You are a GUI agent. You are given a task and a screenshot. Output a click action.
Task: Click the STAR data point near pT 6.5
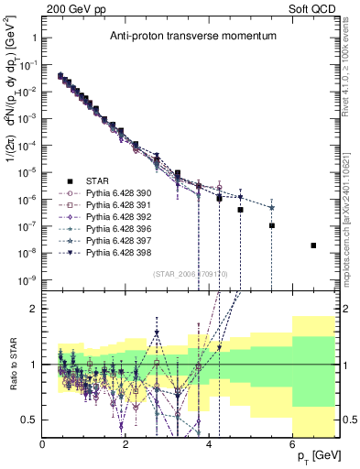coord(313,245)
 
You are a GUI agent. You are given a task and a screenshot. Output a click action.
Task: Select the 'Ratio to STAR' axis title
coord(11,365)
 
